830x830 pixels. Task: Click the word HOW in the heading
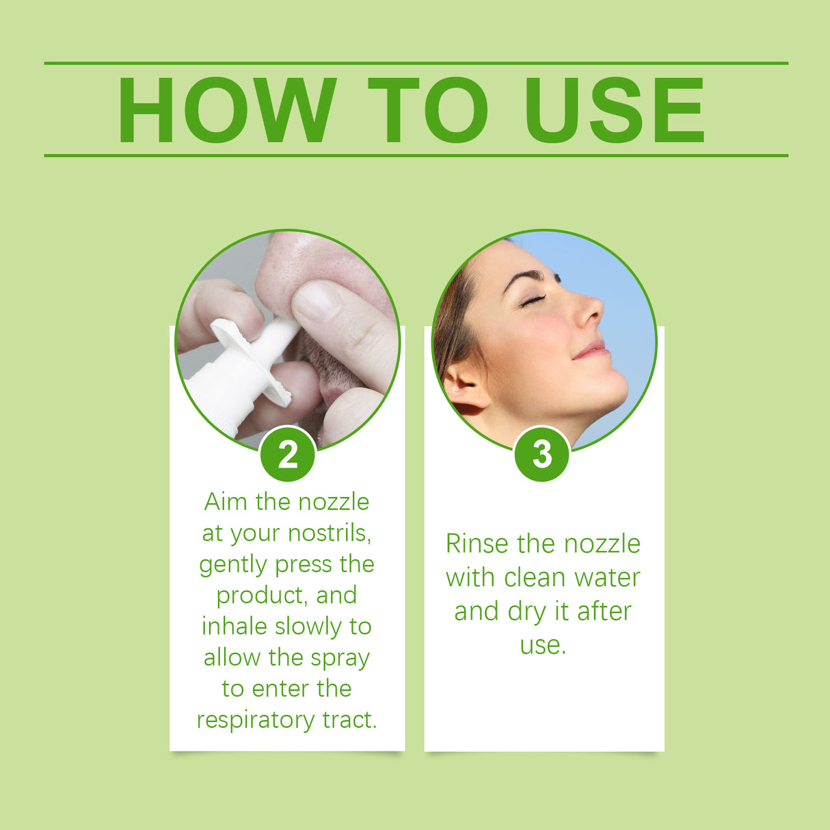[226, 110]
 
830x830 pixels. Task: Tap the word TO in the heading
[427, 110]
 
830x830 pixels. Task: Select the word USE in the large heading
[614, 110]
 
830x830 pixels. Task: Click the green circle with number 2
[288, 454]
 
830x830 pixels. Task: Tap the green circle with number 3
[541, 454]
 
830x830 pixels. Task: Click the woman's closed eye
[533, 300]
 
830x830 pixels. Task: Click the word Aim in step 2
[226, 502]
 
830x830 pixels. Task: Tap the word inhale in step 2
[235, 626]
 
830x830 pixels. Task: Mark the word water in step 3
[606, 578]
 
